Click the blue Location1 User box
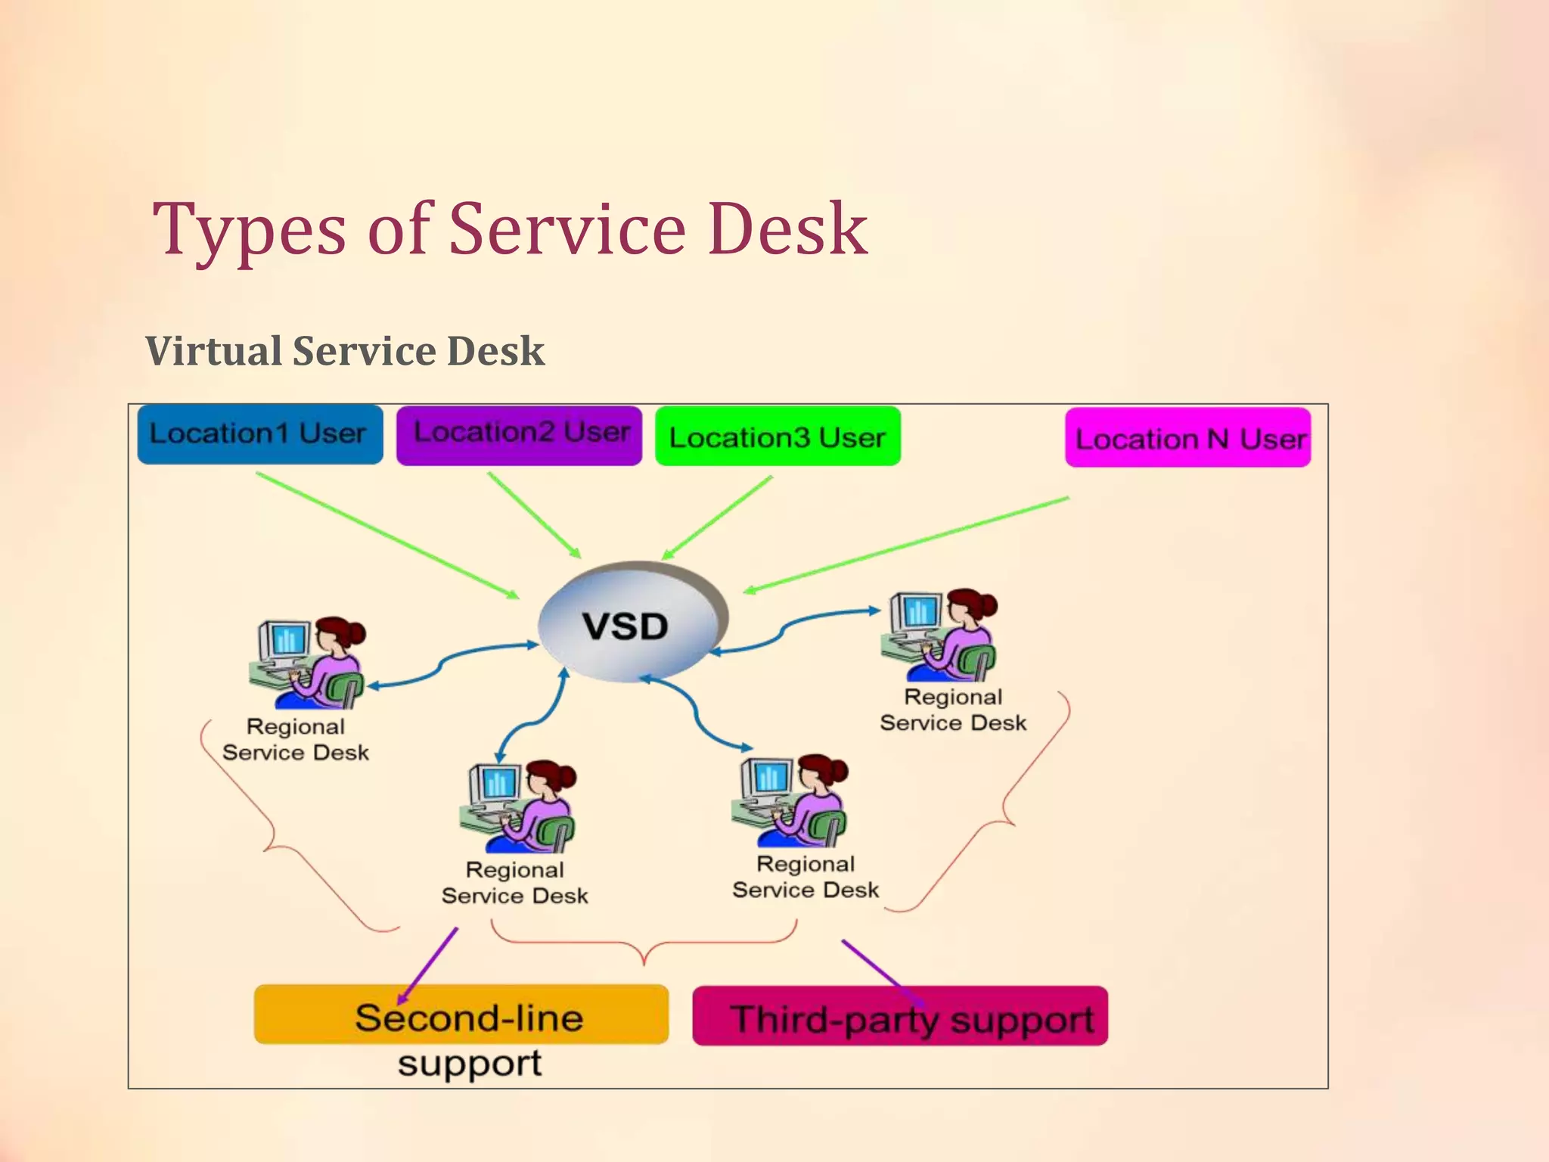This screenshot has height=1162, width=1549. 259,434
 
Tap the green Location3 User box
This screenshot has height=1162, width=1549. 778,437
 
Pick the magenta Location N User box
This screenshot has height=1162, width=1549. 1187,437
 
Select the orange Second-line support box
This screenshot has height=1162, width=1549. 461,1015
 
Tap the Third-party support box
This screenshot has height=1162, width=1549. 900,1017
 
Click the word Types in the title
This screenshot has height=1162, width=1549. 250,229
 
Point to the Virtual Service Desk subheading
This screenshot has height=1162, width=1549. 345,351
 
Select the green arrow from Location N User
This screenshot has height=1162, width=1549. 908,544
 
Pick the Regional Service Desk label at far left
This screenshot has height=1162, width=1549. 296,740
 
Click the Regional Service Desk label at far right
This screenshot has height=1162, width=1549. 953,710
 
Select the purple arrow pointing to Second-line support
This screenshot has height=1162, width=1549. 428,965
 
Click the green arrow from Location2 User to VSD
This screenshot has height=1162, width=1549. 534,515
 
